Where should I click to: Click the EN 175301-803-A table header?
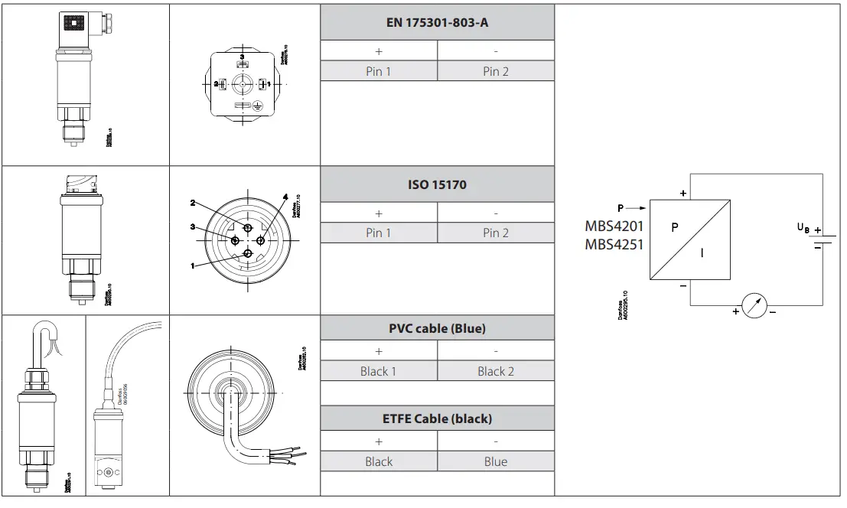pyautogui.click(x=437, y=22)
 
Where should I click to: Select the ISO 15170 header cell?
pyautogui.click(x=437, y=184)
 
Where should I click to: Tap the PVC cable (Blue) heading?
pyautogui.click(x=437, y=328)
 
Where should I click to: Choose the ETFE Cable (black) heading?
pyautogui.click(x=437, y=418)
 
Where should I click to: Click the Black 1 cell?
pyautogui.click(x=378, y=371)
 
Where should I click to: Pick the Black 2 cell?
pyautogui.click(x=496, y=371)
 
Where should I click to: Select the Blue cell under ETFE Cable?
pyautogui.click(x=496, y=461)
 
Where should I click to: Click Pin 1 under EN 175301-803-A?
pyautogui.click(x=378, y=71)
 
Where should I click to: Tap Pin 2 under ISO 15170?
pyautogui.click(x=496, y=233)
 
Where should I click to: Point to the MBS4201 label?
pyautogui.click(x=614, y=226)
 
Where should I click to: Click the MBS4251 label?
pyautogui.click(x=614, y=245)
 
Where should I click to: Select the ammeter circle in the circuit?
pyautogui.click(x=754, y=306)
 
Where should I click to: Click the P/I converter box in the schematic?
pyautogui.click(x=690, y=241)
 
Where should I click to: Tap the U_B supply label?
pyautogui.click(x=803, y=227)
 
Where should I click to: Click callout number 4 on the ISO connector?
pyautogui.click(x=285, y=197)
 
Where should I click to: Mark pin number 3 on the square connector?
pyautogui.click(x=243, y=57)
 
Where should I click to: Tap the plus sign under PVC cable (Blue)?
pyautogui.click(x=378, y=350)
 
